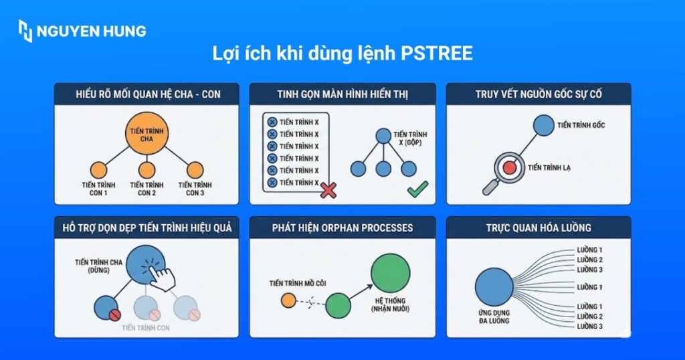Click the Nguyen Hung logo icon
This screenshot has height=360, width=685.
[x=25, y=31]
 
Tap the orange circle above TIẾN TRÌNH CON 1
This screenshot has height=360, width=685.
[x=98, y=169]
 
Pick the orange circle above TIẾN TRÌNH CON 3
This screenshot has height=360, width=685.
[x=195, y=169]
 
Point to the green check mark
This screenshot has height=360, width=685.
[x=417, y=189]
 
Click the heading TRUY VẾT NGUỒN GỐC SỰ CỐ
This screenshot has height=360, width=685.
[x=539, y=94]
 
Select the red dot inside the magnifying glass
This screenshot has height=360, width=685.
[x=510, y=167]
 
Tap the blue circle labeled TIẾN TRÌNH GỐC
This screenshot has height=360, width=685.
[x=544, y=125]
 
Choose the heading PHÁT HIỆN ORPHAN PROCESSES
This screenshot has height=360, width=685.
[x=342, y=228]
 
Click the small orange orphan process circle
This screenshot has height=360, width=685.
[x=288, y=300]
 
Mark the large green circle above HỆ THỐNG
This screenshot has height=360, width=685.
[x=390, y=273]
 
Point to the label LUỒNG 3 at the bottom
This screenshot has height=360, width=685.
[x=590, y=326]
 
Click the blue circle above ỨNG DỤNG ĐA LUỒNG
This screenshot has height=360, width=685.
[x=494, y=288]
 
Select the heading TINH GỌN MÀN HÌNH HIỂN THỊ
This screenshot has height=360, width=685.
[x=342, y=94]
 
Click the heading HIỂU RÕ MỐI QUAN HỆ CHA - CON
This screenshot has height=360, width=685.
[x=147, y=94]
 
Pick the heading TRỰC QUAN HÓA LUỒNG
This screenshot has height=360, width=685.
[x=539, y=228]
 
